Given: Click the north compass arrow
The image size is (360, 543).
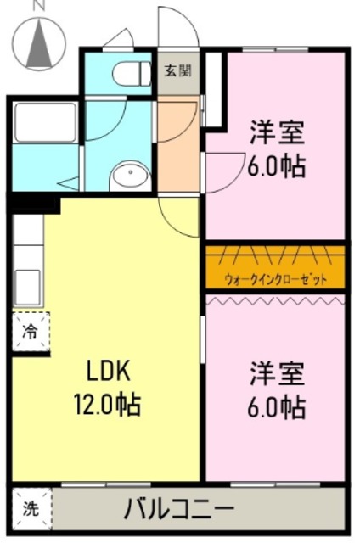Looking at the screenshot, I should [37, 44].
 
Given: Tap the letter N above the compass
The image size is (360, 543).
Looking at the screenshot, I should [37, 7].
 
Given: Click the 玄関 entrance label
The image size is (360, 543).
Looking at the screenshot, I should [177, 70].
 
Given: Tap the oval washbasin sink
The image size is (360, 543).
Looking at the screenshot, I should [130, 176].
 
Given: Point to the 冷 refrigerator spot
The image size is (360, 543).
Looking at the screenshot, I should [30, 332].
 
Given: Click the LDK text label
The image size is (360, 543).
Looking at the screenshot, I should [108, 371].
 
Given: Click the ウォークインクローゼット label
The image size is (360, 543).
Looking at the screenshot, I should [275, 279].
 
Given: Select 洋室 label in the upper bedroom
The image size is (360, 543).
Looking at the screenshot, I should [277, 133].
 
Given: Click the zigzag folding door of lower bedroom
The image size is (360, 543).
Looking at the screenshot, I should [275, 299].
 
